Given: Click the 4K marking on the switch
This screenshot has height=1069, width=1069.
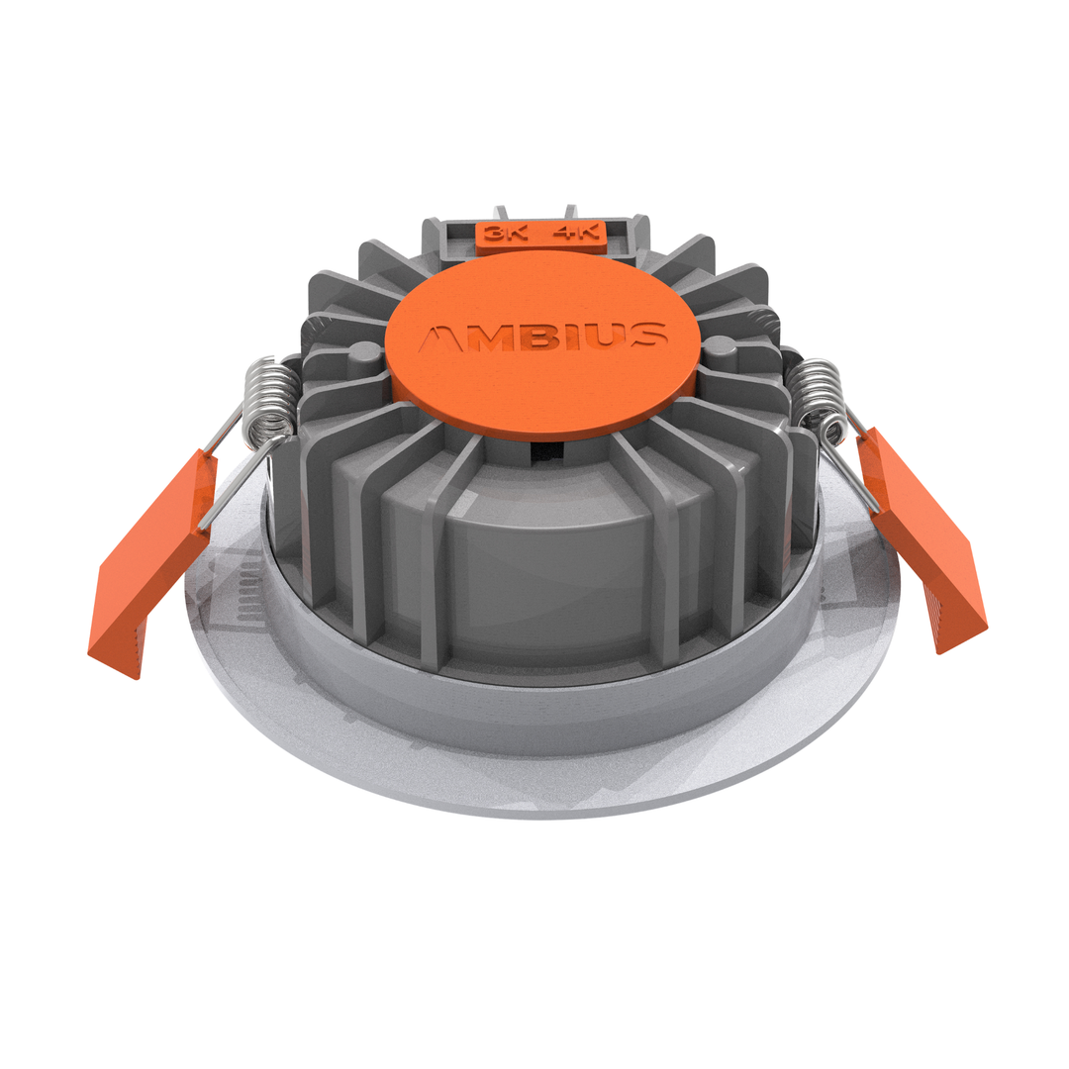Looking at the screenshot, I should pyautogui.click(x=577, y=235).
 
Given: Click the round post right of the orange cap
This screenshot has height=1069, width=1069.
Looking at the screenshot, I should pyautogui.click(x=720, y=351).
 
